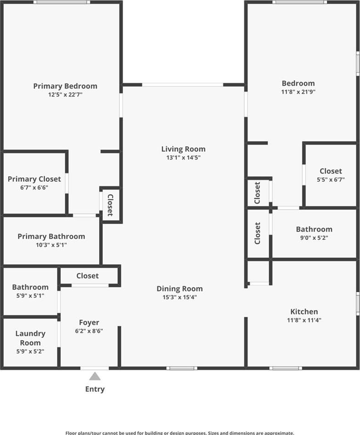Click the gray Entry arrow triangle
pyautogui.click(x=95, y=376)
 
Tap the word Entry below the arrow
pyautogui.click(x=95, y=389)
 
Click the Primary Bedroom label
pyautogui.click(x=65, y=86)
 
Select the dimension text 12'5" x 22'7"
pyautogui.click(x=65, y=95)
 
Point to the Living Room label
pyautogui.click(x=183, y=149)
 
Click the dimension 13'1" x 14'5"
pyautogui.click(x=183, y=158)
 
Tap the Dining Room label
pyautogui.click(x=180, y=288)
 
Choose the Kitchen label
pyautogui.click(x=304, y=311)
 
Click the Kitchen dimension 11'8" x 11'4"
pyautogui.click(x=304, y=320)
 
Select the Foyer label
pyautogui.click(x=89, y=322)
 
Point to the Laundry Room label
pyautogui.click(x=30, y=338)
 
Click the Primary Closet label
pyautogui.click(x=34, y=179)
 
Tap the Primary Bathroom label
pyautogui.click(x=51, y=236)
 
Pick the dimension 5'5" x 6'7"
pyautogui.click(x=330, y=179)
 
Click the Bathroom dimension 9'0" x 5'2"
pyautogui.click(x=314, y=238)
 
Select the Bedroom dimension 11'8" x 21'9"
pyautogui.click(x=298, y=92)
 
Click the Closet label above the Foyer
pyautogui.click(x=87, y=276)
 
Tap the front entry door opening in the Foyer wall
pyautogui.click(x=95, y=368)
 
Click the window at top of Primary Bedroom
pyautogui.click(x=62, y=2)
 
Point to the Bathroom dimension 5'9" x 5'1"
pyautogui.click(x=30, y=296)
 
